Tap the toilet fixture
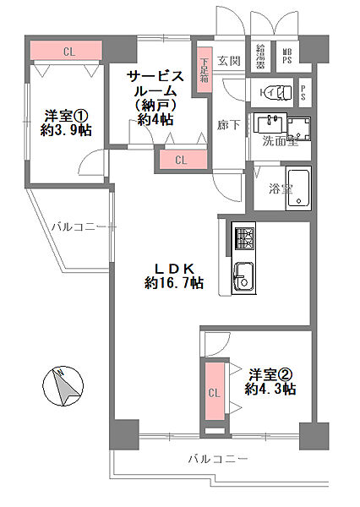(x=273, y=90)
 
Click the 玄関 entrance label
(x=229, y=60)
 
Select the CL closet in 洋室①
(x=67, y=52)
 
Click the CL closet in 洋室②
(x=214, y=392)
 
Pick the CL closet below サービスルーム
(x=181, y=159)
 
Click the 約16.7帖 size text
(x=173, y=283)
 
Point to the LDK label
(x=173, y=268)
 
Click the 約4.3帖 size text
(x=270, y=389)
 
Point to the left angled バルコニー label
(x=77, y=226)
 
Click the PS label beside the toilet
(x=303, y=90)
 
